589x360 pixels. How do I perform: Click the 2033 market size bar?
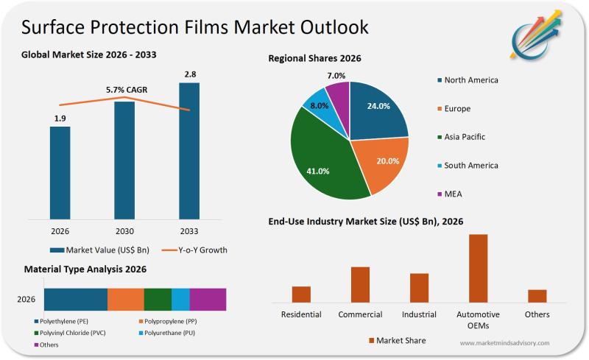pyautogui.click(x=189, y=150)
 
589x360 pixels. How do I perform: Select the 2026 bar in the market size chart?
pyautogui.click(x=60, y=172)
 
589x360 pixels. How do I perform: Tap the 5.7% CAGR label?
pyautogui.click(x=127, y=90)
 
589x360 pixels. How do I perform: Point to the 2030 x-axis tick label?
pyautogui.click(x=124, y=230)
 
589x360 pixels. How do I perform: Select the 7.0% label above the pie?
pyautogui.click(x=336, y=76)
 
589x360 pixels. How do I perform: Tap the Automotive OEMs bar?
pyautogui.click(x=478, y=268)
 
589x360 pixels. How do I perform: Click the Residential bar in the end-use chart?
pyautogui.click(x=301, y=294)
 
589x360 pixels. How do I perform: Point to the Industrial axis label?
pyautogui.click(x=419, y=314)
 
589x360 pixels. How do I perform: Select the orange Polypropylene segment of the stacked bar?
pyautogui.click(x=126, y=299)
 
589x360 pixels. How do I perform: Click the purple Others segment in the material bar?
pyautogui.click(x=208, y=299)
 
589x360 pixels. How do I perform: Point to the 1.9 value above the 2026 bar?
pyautogui.click(x=60, y=117)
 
